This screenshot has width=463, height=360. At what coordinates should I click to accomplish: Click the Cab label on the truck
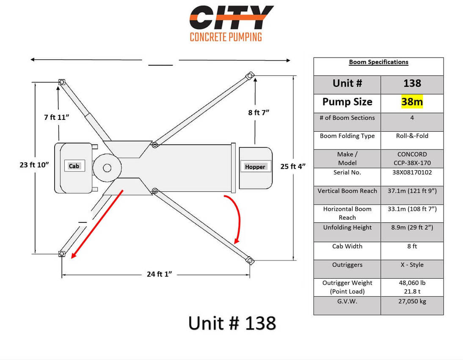(74, 166)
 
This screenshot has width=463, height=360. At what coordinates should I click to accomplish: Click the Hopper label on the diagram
(255, 167)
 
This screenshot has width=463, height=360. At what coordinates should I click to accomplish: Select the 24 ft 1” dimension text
(159, 274)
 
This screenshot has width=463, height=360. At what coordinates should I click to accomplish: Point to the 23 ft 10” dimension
(34, 165)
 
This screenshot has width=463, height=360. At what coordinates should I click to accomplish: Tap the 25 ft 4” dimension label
(293, 166)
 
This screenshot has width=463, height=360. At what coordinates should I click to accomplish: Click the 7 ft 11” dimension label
(56, 117)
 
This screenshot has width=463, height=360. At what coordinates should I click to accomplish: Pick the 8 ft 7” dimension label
(259, 112)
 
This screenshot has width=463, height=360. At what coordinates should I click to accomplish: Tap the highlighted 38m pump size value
(412, 102)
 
